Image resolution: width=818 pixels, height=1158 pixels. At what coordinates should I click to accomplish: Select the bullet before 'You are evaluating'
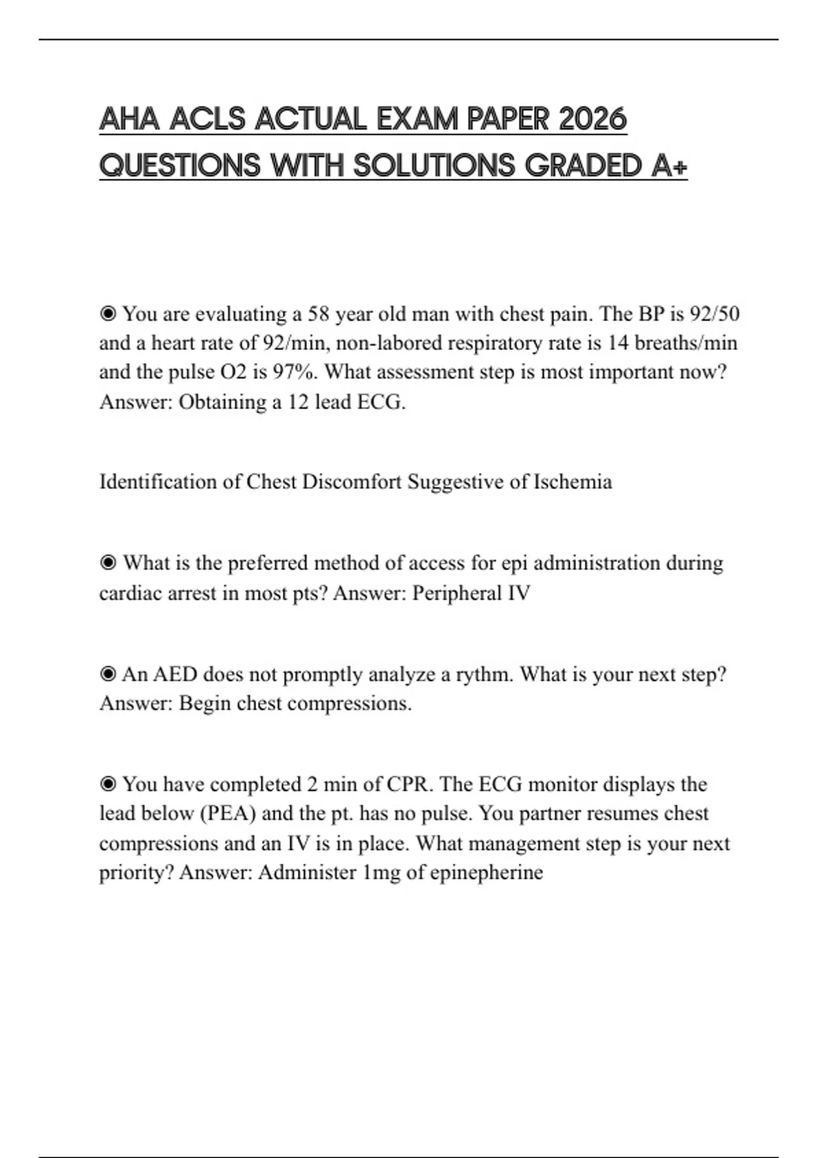[108, 314]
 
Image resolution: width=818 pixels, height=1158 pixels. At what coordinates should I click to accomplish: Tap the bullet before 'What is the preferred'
[108, 563]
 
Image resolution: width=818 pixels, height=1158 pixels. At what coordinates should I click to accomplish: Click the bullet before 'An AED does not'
[108, 674]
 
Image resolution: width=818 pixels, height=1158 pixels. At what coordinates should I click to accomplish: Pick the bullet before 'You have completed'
[108, 785]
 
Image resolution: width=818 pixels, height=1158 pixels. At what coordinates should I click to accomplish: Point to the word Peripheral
[456, 593]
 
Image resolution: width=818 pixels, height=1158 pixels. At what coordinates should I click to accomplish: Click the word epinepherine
[486, 873]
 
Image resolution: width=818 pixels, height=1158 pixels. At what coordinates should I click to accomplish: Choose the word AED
[175, 674]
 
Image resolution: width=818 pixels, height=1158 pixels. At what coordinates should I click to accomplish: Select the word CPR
[409, 785]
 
